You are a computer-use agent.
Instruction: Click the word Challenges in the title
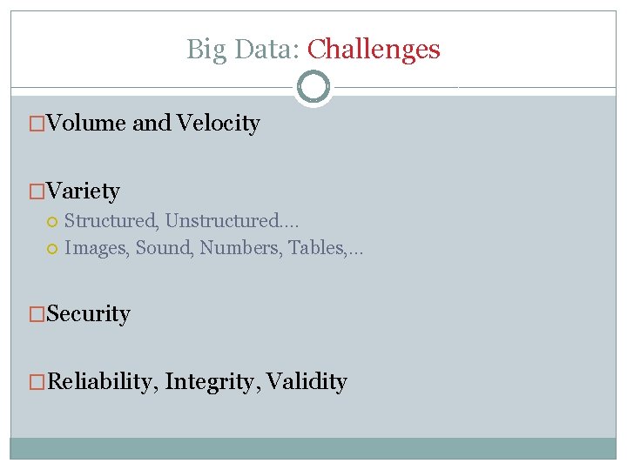(x=374, y=50)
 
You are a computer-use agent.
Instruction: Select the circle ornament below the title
(x=313, y=87)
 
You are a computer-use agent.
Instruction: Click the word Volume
(x=86, y=124)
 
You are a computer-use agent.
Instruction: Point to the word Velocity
(x=218, y=124)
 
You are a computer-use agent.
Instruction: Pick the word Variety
(x=83, y=191)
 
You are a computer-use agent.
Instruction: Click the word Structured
(x=109, y=221)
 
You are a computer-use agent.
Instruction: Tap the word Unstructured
(x=222, y=221)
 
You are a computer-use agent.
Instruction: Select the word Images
(x=97, y=248)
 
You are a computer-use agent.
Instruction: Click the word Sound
(x=165, y=248)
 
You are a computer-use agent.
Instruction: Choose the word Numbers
(x=234, y=248)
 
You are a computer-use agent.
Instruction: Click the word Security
(x=88, y=314)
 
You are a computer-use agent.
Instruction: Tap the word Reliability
(x=98, y=382)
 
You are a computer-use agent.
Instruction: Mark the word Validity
(x=307, y=382)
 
